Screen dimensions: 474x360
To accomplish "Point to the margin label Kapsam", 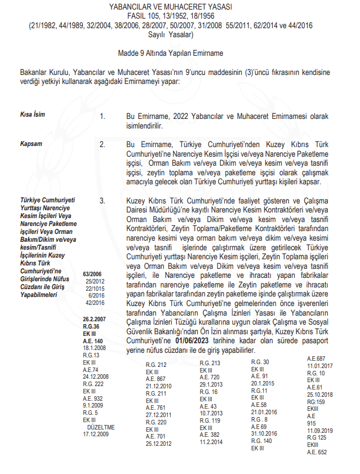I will pos(32,144).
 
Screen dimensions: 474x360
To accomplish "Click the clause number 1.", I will pos(103,116).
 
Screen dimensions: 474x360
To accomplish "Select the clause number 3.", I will pos(103,200).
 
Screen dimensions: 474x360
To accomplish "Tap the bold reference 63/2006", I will pos(94,272).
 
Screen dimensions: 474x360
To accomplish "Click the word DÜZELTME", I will pos(99,427).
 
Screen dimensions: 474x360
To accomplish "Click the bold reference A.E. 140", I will pos(92,340).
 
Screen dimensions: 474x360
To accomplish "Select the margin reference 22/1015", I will pos(95,287).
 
